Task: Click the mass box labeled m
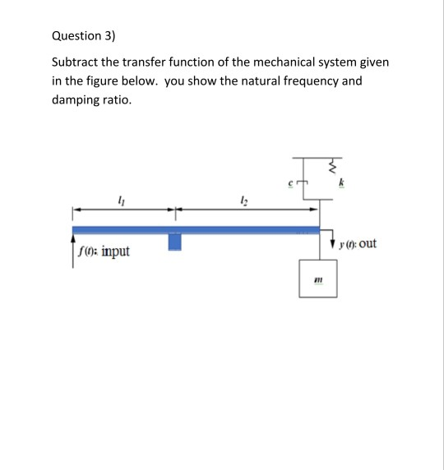tap(314, 283)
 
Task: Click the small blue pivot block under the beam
tap(174, 242)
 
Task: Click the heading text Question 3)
tap(84, 36)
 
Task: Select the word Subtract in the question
tap(76, 62)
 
